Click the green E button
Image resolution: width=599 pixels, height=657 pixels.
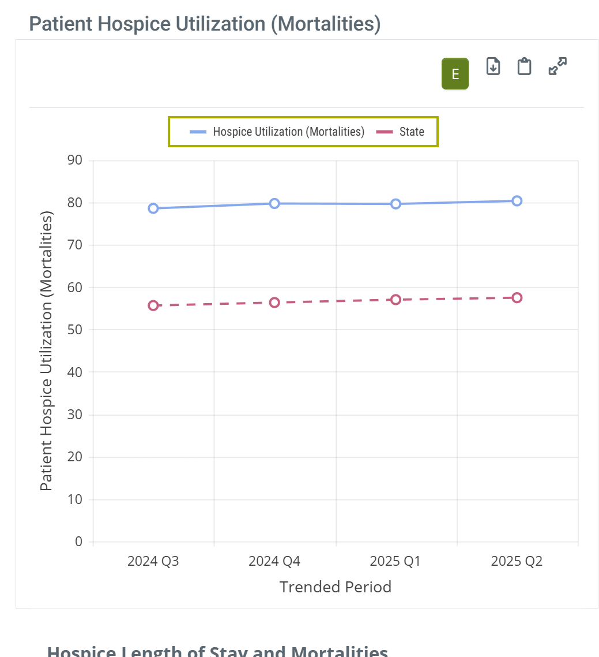click(455, 74)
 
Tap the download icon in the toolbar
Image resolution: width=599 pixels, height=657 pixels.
click(493, 66)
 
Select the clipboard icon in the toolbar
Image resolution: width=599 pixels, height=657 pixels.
click(524, 66)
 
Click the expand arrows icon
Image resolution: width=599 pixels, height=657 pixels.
click(557, 66)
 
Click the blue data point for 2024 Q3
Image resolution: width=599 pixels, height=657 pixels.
click(153, 208)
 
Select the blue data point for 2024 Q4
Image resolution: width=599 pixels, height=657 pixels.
click(274, 203)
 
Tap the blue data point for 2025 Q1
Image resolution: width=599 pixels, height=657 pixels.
click(395, 204)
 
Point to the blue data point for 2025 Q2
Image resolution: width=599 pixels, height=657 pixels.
click(517, 201)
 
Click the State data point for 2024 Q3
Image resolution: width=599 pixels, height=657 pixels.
click(153, 305)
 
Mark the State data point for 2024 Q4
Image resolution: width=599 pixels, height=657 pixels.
click(274, 303)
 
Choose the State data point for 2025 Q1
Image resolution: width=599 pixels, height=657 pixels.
click(395, 300)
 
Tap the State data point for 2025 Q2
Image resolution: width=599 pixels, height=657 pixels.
click(517, 298)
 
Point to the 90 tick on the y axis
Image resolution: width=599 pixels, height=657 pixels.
click(76, 160)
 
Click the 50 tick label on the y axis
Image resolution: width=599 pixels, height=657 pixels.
click(76, 330)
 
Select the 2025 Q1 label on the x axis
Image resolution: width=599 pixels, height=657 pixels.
click(395, 561)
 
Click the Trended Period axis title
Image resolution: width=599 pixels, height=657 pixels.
click(336, 587)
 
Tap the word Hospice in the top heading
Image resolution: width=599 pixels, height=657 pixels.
click(130, 24)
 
